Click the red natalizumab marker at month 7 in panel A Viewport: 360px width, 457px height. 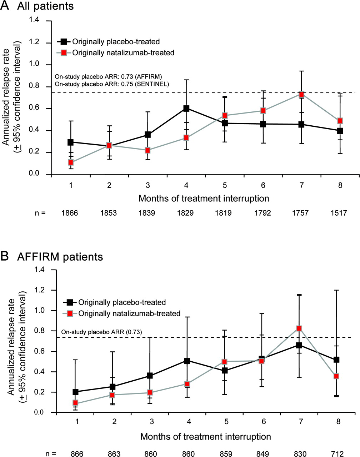(301, 95)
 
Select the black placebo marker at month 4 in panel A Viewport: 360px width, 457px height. (186, 109)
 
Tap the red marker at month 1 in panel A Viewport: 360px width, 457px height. (71, 162)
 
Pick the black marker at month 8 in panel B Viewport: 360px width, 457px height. (336, 360)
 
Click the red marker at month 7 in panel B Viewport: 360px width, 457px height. (299, 328)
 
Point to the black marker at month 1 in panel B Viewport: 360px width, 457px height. (75, 392)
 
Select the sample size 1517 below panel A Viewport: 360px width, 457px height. (339, 213)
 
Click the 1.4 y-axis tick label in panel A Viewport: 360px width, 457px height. (39, 21)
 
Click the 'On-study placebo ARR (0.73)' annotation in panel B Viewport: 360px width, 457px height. (102, 332)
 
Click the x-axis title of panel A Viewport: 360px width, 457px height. (204, 198)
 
